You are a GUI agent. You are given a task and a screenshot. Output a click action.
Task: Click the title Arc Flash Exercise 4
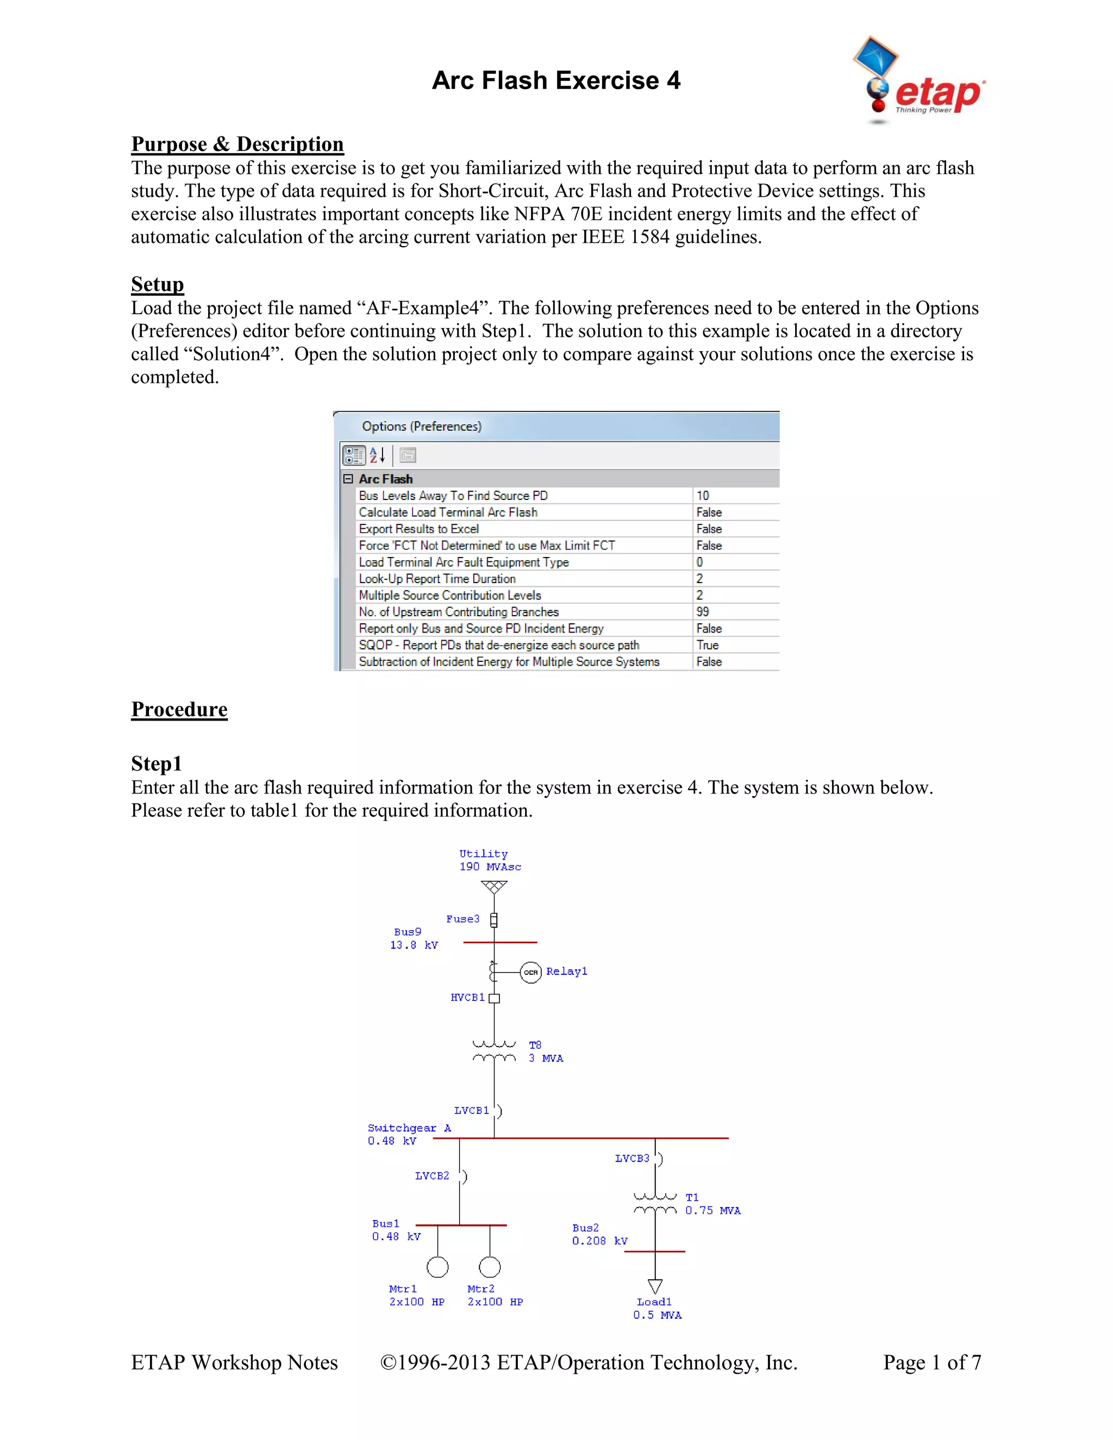[x=556, y=80]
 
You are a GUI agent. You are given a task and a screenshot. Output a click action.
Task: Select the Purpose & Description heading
[x=237, y=144]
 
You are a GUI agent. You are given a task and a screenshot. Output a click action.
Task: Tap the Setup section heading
[x=157, y=284]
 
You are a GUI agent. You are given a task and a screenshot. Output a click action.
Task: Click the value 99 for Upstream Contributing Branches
[x=703, y=612]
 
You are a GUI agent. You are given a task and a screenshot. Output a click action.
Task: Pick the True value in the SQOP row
[x=708, y=645]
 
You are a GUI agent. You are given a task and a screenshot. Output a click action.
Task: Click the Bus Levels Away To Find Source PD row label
[x=453, y=496]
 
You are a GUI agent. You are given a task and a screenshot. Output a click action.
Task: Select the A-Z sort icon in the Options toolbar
[x=377, y=455]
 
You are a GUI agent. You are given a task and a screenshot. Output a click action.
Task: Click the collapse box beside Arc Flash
[x=348, y=479]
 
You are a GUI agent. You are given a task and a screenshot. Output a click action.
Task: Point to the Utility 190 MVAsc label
[x=489, y=860]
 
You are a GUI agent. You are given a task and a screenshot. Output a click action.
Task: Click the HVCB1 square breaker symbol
[x=495, y=998]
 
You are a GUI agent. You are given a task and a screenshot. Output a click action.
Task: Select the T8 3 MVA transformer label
[x=545, y=1051]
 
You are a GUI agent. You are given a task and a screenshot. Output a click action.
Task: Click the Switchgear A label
[x=409, y=1128]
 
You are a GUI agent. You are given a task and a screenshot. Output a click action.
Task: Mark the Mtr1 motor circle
[x=437, y=1267]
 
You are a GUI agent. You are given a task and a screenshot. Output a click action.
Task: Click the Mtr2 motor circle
[x=490, y=1267]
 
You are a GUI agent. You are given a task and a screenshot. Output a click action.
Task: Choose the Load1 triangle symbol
[x=655, y=1286]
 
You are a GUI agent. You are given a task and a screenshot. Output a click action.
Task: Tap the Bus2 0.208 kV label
[x=599, y=1234]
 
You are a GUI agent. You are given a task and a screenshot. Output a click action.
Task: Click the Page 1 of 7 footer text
[x=931, y=1362]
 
